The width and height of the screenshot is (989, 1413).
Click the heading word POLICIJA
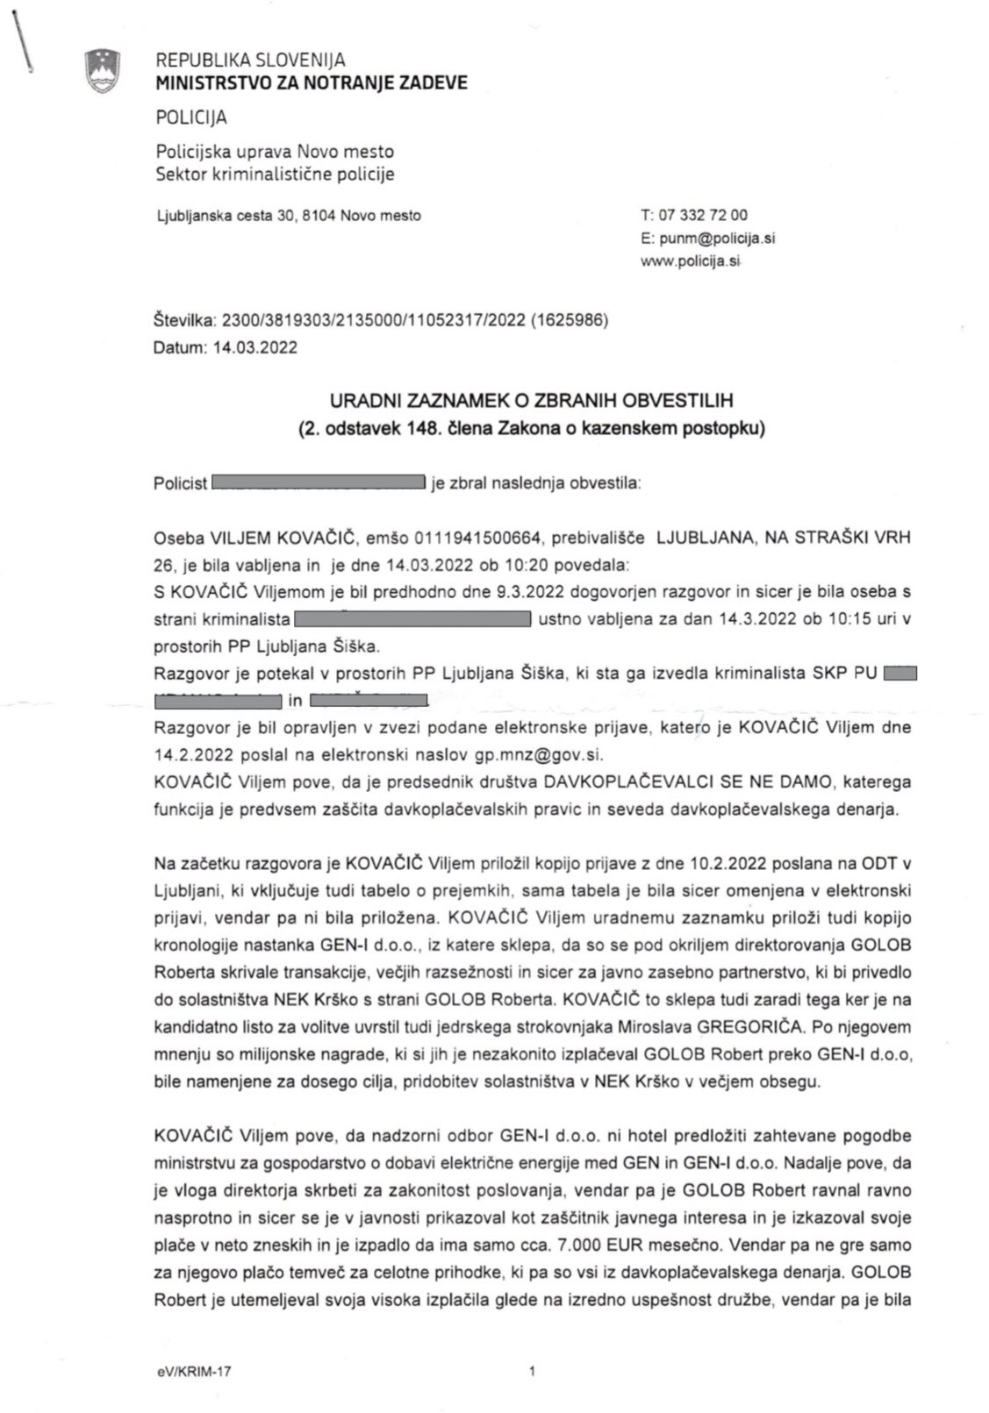(x=190, y=117)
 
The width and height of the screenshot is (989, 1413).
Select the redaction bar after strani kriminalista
(x=412, y=619)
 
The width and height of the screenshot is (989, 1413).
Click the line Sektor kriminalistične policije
(x=275, y=174)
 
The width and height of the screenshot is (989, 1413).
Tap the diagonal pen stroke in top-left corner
(x=20, y=39)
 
